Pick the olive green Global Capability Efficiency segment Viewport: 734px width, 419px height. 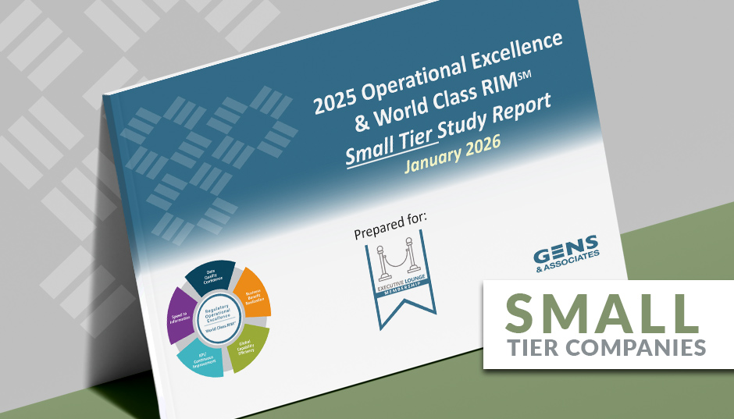click(x=251, y=344)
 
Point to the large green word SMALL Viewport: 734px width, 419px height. click(x=602, y=312)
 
